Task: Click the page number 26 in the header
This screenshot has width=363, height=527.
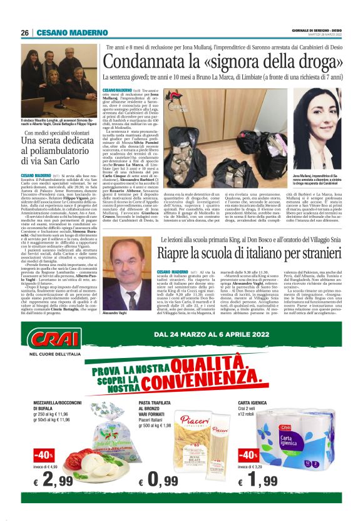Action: tap(25, 33)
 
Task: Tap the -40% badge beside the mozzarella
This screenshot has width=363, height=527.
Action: tap(43, 453)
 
